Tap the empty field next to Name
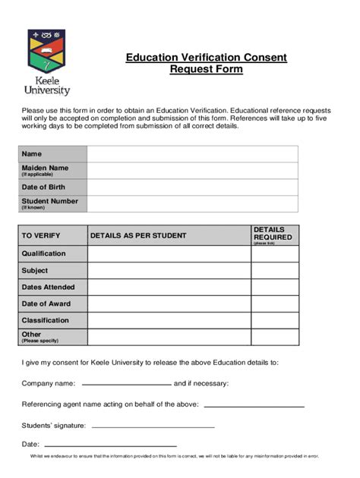192,154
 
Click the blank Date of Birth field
192,187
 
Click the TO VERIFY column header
41,236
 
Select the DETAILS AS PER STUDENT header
138,236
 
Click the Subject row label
35,270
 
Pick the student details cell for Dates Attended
169,287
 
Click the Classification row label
45,320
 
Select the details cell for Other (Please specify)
169,337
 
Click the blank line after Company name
126,385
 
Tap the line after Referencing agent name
254,406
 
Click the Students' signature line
153,427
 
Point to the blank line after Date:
110,445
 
